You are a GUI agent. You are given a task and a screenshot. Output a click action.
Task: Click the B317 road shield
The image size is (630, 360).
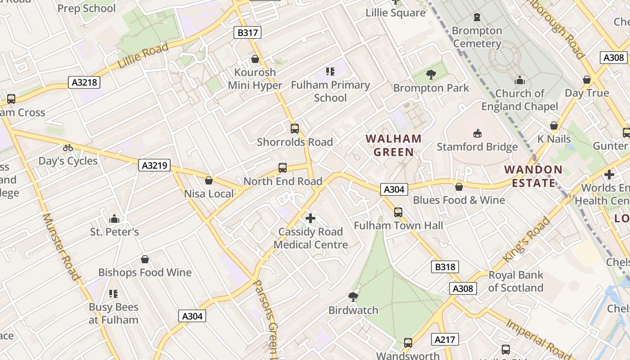pos(247,32)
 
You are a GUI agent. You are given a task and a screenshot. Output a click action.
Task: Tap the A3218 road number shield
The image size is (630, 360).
pos(84,82)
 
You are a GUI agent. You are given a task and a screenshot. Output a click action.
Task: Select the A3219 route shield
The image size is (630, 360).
pos(154,165)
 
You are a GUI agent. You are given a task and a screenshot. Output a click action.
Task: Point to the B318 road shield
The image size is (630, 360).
pos(445,267)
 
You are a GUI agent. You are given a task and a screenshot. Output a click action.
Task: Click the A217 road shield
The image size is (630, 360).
pos(445,339)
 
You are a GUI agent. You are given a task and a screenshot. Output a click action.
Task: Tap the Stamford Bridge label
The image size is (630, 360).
pos(477,147)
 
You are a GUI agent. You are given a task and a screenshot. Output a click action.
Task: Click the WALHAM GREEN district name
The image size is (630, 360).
pos(393,145)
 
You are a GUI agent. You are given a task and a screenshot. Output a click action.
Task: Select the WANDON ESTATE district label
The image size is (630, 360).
pos(533,176)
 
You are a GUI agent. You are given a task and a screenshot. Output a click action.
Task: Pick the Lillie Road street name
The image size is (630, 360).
pos(143,55)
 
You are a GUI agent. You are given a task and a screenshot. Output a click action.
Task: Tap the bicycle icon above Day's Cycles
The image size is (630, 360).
pos(68,148)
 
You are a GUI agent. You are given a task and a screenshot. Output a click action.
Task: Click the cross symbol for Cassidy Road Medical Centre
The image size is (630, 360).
pos(310,219)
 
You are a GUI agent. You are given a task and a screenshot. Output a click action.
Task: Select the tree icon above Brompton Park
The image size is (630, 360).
pos(431,75)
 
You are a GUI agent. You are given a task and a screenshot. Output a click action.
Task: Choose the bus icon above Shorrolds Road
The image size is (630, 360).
pos(295,129)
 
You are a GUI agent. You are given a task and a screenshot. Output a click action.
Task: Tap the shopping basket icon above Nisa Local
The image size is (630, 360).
pos(209,180)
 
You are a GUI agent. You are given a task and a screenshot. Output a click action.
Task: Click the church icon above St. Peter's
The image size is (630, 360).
pos(114,219)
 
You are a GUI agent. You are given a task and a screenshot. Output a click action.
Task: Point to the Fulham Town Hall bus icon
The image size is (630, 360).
pos(398,212)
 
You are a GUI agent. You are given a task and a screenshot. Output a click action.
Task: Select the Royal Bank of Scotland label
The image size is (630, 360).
pos(516,281)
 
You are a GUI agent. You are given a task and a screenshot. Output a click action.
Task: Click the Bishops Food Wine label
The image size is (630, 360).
pos(145,272)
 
